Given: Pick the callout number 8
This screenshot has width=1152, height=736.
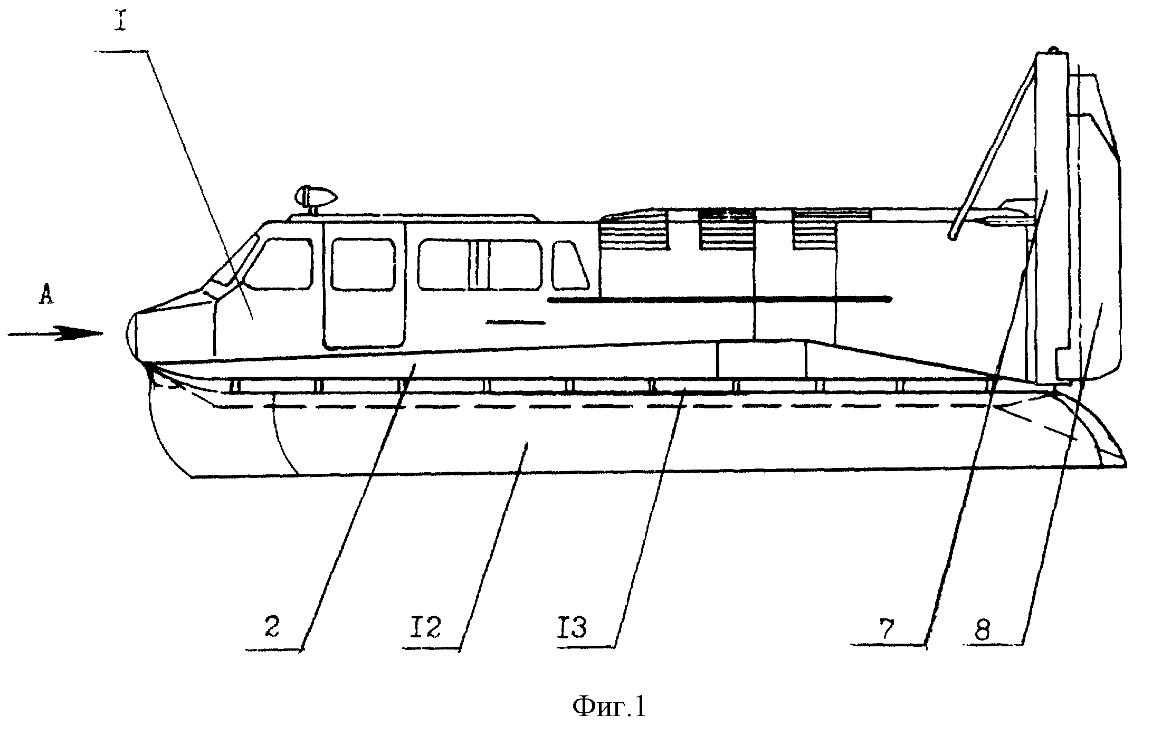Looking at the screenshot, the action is (982, 628).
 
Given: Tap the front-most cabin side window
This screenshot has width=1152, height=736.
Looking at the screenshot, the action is (280, 264).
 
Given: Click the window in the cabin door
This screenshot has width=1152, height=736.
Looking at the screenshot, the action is (364, 264).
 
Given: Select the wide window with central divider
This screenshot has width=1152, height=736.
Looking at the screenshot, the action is (480, 264).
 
